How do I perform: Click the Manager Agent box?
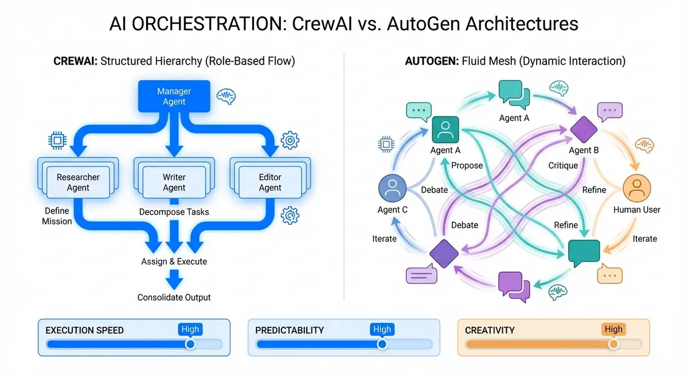click(174, 96)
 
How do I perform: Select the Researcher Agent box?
click(78, 183)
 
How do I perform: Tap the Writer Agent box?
click(174, 183)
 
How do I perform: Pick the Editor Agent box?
click(270, 183)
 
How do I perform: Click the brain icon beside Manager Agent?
click(225, 96)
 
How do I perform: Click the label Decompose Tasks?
click(174, 212)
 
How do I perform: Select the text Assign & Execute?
click(174, 262)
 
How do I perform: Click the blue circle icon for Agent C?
click(393, 188)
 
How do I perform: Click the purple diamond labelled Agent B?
click(584, 130)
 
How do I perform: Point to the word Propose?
click(467, 166)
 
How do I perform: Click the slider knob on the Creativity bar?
click(613, 344)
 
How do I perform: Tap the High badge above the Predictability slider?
click(382, 329)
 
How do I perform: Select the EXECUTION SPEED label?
click(85, 330)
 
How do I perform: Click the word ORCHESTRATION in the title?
click(205, 25)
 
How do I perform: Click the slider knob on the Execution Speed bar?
click(190, 344)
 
